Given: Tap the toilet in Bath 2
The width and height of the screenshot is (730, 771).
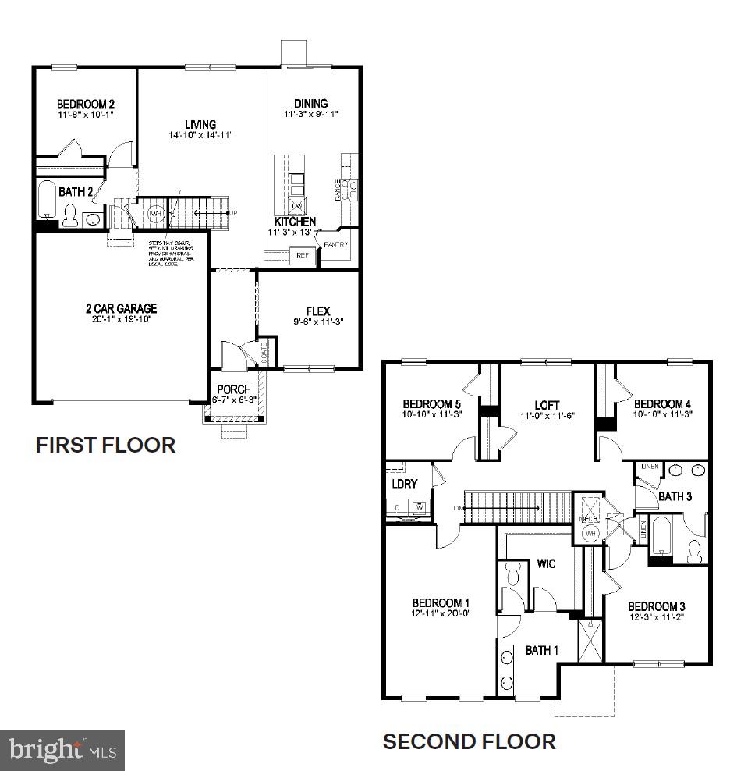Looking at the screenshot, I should pos(70,214).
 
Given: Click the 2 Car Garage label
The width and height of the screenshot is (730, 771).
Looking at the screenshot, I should pos(121,308).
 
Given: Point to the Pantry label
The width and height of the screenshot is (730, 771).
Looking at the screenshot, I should pos(336,244).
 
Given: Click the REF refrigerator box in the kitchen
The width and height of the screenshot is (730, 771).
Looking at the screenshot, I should pos(300,254).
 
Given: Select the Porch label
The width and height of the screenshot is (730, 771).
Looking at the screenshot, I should pos(233,389).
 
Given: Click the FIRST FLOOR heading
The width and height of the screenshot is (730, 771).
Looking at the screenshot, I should pos(105,445).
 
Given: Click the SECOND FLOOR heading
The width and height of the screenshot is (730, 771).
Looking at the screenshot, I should pos(469,741).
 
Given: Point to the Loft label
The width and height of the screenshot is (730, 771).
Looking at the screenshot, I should pos(547,405).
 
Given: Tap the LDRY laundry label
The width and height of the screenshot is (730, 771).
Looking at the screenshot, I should pos(405,485).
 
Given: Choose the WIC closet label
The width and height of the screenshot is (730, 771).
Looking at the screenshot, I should pos(546,563).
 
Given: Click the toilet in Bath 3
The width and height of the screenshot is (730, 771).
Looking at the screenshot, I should pos(693,550).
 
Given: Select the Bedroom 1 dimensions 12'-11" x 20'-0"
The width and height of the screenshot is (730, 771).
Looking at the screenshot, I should pos(440,614).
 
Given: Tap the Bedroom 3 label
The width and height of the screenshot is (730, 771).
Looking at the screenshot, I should pos(656,606).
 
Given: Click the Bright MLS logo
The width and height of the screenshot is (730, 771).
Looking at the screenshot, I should pos(62,751).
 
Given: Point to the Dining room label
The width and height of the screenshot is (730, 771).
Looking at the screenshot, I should pos(310,104).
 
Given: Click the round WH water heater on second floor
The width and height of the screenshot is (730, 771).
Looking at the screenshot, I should pos(590,533).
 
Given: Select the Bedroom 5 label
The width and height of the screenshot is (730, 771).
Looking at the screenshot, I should pos(431,403).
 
